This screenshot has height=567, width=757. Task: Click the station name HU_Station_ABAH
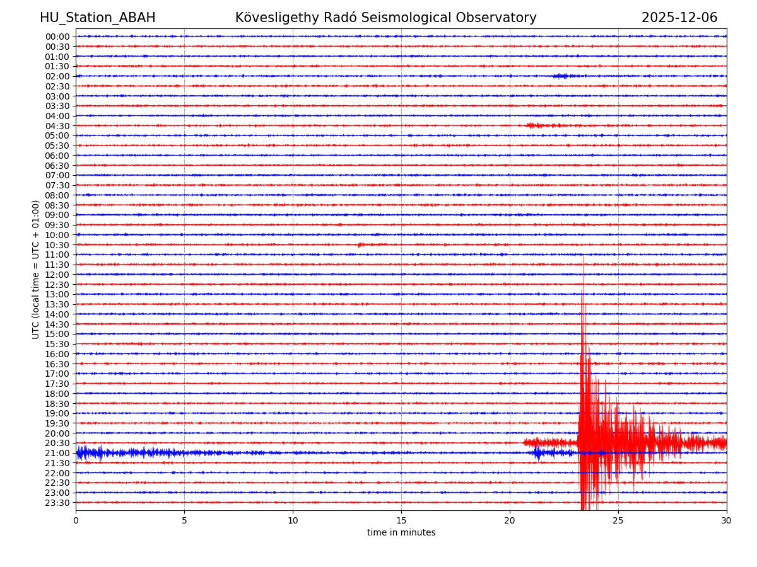(97, 18)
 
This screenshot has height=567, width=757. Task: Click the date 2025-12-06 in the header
(679, 18)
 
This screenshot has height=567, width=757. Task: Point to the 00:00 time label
(57, 37)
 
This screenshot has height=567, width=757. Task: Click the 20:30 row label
(57, 443)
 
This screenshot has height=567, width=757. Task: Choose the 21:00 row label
(57, 453)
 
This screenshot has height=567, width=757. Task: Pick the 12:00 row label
(57, 275)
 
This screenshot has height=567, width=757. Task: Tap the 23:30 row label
(57, 503)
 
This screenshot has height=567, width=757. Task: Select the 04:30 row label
(57, 126)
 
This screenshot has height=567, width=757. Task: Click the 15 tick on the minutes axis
(401, 520)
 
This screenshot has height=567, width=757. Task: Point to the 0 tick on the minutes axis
(76, 520)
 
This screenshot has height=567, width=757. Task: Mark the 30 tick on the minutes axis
(727, 520)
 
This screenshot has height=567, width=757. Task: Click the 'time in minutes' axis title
(401, 532)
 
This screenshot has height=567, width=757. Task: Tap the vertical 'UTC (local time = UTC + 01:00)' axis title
(36, 269)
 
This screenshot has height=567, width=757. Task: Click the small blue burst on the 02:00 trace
(560, 76)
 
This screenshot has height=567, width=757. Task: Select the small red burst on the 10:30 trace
(360, 244)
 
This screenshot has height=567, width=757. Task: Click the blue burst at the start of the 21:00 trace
(88, 452)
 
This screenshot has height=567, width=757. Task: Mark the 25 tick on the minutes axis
(618, 520)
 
